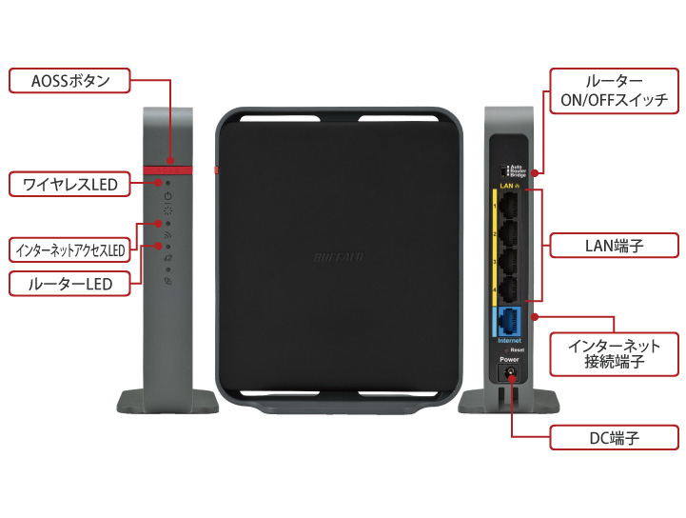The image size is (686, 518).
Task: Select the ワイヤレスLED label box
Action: tap(69, 183)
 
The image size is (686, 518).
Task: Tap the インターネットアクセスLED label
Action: tap(69, 250)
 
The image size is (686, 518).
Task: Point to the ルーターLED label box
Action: tap(69, 283)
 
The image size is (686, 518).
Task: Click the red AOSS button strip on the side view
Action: tap(168, 170)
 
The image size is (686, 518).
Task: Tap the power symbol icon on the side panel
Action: tap(168, 196)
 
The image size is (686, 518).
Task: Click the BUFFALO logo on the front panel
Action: tap(339, 255)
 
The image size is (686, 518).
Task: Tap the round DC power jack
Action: tap(511, 377)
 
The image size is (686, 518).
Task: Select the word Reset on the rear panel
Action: tap(517, 350)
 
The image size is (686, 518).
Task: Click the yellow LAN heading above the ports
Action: tap(506, 186)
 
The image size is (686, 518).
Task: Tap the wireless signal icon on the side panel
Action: tap(167, 233)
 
